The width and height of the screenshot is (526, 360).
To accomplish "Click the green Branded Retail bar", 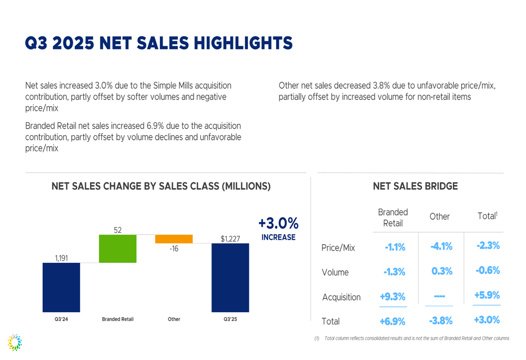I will [x=118, y=249].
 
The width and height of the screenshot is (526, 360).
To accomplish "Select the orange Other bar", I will [x=174, y=239].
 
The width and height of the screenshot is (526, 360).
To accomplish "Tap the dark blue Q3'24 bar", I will [x=62, y=287].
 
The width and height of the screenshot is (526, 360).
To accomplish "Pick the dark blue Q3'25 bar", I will [x=230, y=277].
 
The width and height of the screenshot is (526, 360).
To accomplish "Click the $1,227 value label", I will [x=230, y=239].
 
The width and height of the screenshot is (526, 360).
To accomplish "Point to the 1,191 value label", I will [x=62, y=258].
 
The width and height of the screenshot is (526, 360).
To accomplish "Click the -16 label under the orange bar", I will [x=174, y=249].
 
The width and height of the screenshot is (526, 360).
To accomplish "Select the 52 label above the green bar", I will [x=118, y=230].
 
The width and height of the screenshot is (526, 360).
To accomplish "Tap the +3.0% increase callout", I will [x=278, y=229].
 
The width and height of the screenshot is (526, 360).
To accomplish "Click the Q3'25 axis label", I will [x=230, y=319].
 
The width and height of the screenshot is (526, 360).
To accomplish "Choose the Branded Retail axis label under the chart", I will [x=118, y=319].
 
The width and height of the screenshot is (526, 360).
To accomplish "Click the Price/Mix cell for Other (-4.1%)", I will [x=441, y=246].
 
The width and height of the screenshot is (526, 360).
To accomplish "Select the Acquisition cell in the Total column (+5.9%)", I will [x=487, y=295].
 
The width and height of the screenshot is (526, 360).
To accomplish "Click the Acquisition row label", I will [x=341, y=297].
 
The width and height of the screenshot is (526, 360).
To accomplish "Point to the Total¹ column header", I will [x=487, y=216].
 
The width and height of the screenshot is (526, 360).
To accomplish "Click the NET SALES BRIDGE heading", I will [x=415, y=186].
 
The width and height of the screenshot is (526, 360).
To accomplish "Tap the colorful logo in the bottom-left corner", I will [x=15, y=342].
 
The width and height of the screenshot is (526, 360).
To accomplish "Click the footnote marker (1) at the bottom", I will [x=317, y=338].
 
